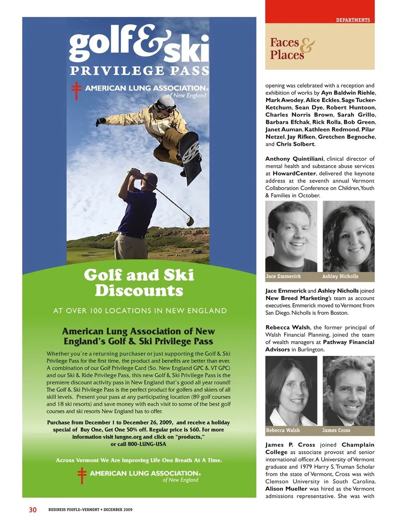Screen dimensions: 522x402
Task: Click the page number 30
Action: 33,509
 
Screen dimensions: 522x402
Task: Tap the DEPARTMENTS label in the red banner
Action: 353,20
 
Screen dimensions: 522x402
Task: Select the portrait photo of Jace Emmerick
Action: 291,236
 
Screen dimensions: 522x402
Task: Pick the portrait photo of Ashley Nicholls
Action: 348,236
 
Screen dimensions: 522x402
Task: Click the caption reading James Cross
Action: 336,430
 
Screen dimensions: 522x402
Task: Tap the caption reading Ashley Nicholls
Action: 340,276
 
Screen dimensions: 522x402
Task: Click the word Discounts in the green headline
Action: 139,291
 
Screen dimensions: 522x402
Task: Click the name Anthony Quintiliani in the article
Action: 294,159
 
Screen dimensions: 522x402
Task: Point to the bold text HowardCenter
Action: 294,173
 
